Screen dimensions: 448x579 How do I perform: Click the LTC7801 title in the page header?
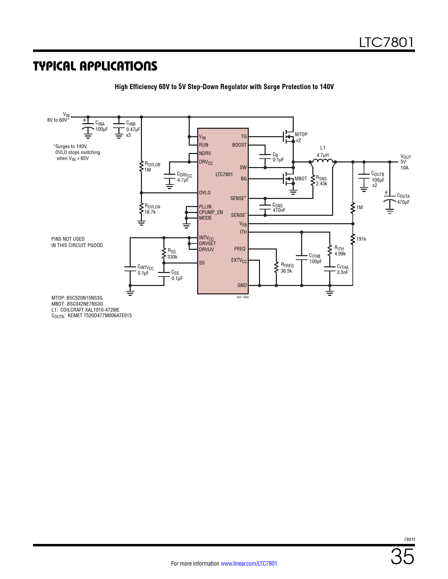387,42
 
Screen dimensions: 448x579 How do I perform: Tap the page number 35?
402,557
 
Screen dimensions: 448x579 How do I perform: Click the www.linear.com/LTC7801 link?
249,564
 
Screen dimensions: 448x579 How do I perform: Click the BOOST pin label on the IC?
239,145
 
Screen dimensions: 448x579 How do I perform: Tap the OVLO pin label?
204,193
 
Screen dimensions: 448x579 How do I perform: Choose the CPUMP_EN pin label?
211,212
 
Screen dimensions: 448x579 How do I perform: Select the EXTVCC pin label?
239,260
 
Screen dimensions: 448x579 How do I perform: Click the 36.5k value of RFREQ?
286,271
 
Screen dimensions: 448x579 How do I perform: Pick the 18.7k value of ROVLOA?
150,212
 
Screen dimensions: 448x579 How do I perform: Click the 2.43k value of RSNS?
322,184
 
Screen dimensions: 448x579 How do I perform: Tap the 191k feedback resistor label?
361,239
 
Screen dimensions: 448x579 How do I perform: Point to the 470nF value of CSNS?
279,210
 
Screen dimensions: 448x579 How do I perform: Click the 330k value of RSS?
173,257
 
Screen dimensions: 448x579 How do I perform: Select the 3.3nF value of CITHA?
342,272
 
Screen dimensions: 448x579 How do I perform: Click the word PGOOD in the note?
95,245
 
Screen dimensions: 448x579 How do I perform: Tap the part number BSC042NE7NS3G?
85,304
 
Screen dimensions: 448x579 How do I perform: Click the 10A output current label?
404,168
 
